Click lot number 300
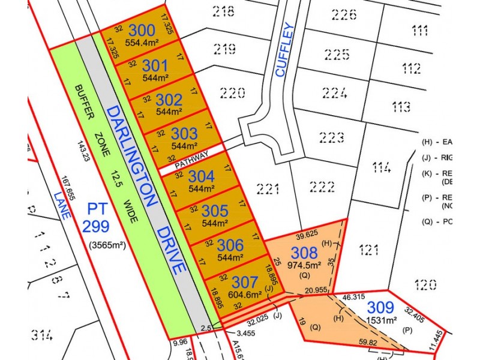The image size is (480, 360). [142, 30]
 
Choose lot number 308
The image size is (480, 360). [304, 252]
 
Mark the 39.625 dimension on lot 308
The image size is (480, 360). [306, 233]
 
